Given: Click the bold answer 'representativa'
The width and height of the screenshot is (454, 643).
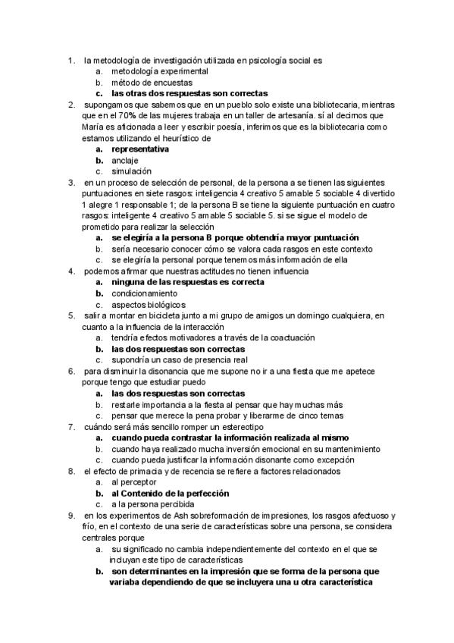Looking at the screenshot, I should (x=140, y=149).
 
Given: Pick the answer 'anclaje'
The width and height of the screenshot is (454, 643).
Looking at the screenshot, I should (x=126, y=161).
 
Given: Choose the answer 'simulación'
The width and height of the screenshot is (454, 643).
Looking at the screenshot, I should (x=131, y=172).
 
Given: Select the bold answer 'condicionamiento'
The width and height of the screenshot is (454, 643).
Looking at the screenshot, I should (x=146, y=293).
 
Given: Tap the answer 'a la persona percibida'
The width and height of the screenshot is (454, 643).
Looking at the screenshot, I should (x=150, y=504).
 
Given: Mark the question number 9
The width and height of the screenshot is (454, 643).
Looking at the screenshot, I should (x=70, y=516).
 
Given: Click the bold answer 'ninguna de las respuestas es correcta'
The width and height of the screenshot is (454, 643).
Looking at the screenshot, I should (x=187, y=282).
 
